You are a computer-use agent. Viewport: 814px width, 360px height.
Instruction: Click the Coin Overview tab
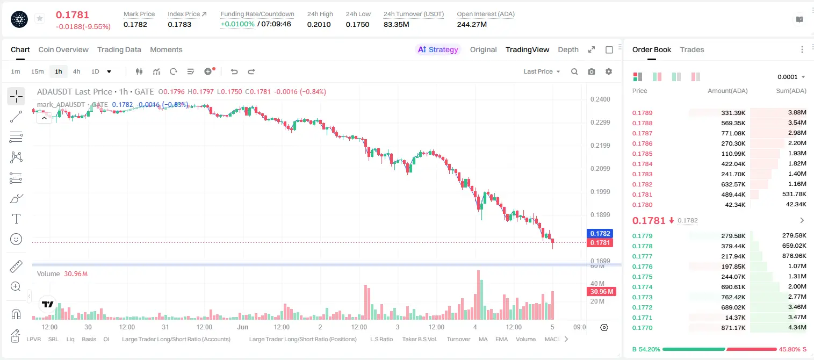pos(63,49)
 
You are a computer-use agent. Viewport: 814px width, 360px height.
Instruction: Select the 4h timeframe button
pos(76,71)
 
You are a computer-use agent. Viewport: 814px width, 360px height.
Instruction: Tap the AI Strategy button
pos(438,49)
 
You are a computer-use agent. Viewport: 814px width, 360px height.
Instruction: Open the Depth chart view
pos(568,49)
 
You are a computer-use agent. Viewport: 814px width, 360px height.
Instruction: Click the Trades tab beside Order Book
pos(692,49)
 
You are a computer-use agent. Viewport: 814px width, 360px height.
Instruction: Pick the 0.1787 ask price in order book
pos(642,133)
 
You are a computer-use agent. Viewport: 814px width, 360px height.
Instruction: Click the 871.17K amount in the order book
pos(733,328)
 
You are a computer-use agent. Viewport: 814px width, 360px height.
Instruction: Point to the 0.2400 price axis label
pos(600,99)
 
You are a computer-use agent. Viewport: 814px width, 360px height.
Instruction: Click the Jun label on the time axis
pos(243,327)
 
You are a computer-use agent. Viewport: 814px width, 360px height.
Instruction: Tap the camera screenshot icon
pos(592,71)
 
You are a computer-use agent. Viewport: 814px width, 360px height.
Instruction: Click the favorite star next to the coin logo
pos(40,18)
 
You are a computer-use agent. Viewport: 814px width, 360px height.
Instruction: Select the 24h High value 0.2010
pos(319,24)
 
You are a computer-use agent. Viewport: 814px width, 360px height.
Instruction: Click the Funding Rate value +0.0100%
pos(237,24)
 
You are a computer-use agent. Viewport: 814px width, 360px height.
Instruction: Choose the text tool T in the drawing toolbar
pos(16,219)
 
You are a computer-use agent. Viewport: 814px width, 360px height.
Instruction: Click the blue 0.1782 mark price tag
pos(600,234)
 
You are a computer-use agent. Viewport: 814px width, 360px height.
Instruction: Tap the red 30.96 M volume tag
pos(601,292)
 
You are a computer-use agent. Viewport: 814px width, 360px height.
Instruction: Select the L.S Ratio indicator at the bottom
pos(381,339)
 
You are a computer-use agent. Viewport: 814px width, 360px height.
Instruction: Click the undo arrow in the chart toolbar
pos(234,71)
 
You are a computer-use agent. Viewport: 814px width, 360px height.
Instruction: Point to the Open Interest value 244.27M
pos(472,24)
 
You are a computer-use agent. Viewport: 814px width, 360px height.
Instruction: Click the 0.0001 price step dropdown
pos(791,77)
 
